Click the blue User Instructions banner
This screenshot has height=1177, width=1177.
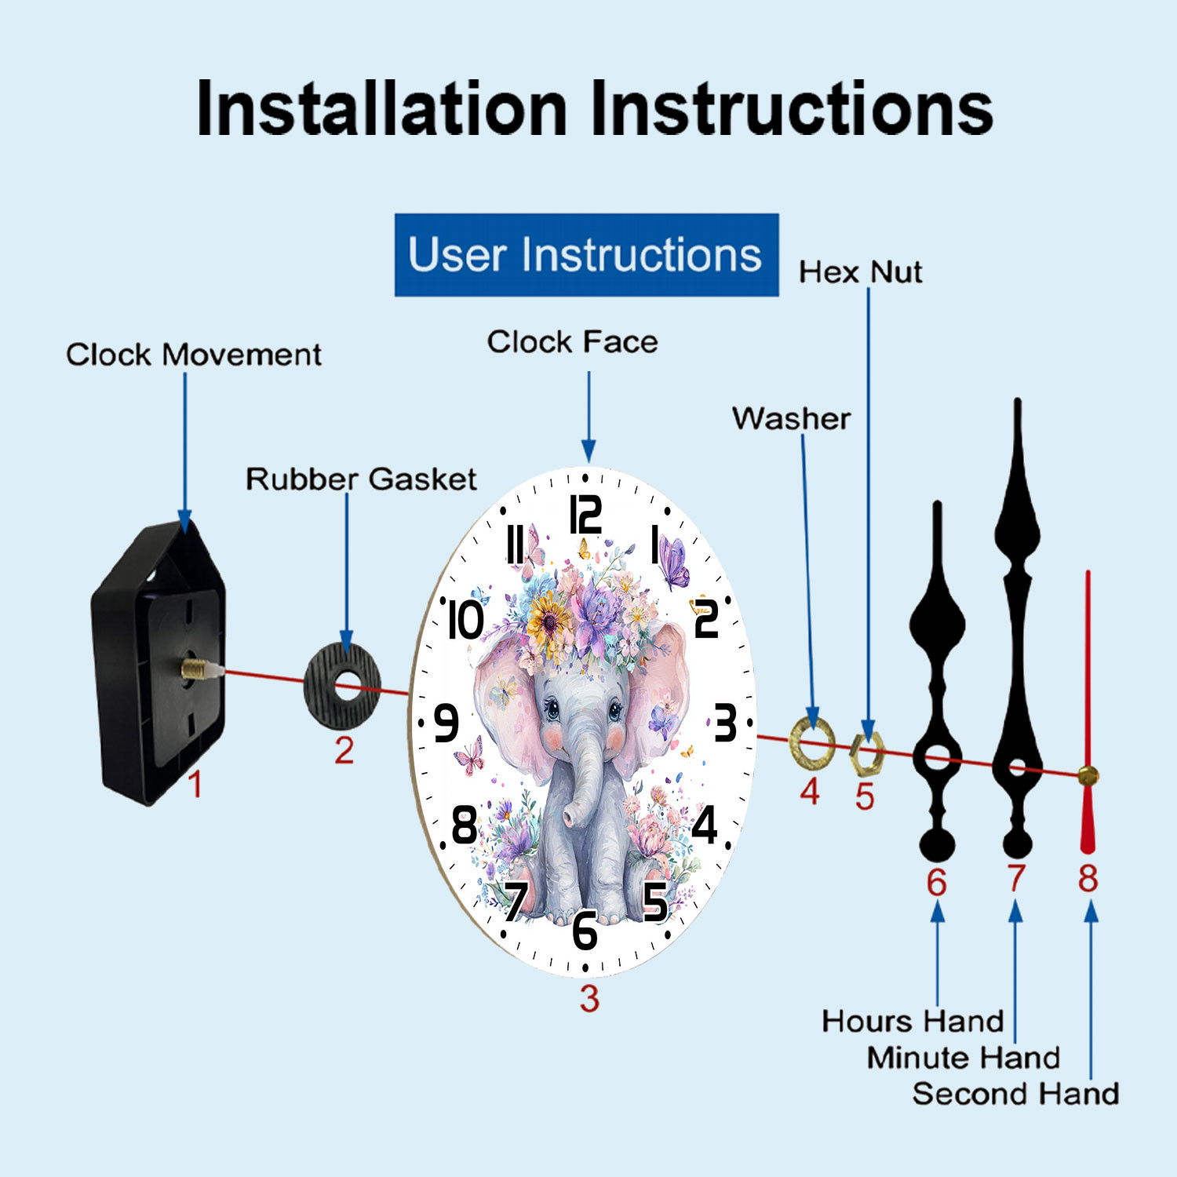tap(586, 255)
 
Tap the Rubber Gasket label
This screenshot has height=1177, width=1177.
tap(361, 479)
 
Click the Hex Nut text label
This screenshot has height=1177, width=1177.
tap(860, 271)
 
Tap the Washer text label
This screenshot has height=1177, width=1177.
tap(791, 418)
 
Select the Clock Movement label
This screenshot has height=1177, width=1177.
tap(194, 355)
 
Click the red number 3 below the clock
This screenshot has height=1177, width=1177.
tap(589, 999)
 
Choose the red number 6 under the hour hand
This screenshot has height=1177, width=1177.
tap(937, 883)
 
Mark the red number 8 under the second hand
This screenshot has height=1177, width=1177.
tap(1088, 878)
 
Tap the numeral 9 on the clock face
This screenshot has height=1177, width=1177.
tap(446, 723)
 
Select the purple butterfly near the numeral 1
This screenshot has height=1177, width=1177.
tap(673, 562)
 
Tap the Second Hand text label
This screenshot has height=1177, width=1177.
tap(1015, 1093)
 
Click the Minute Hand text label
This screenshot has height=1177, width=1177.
tap(964, 1057)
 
